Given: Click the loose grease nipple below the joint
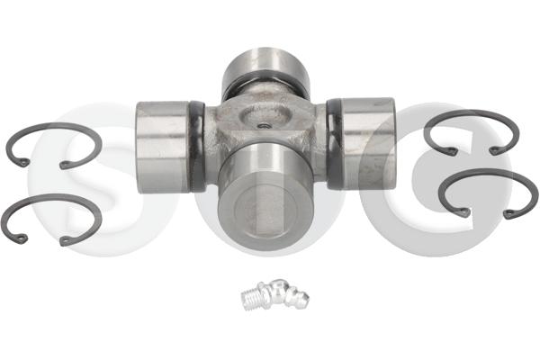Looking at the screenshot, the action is pyautogui.click(x=274, y=294).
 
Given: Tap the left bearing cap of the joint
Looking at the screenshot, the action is pyautogui.click(x=163, y=146).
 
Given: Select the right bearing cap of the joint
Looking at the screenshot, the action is pyautogui.click(x=368, y=143).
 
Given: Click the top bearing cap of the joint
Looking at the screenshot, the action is pyautogui.click(x=265, y=66).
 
